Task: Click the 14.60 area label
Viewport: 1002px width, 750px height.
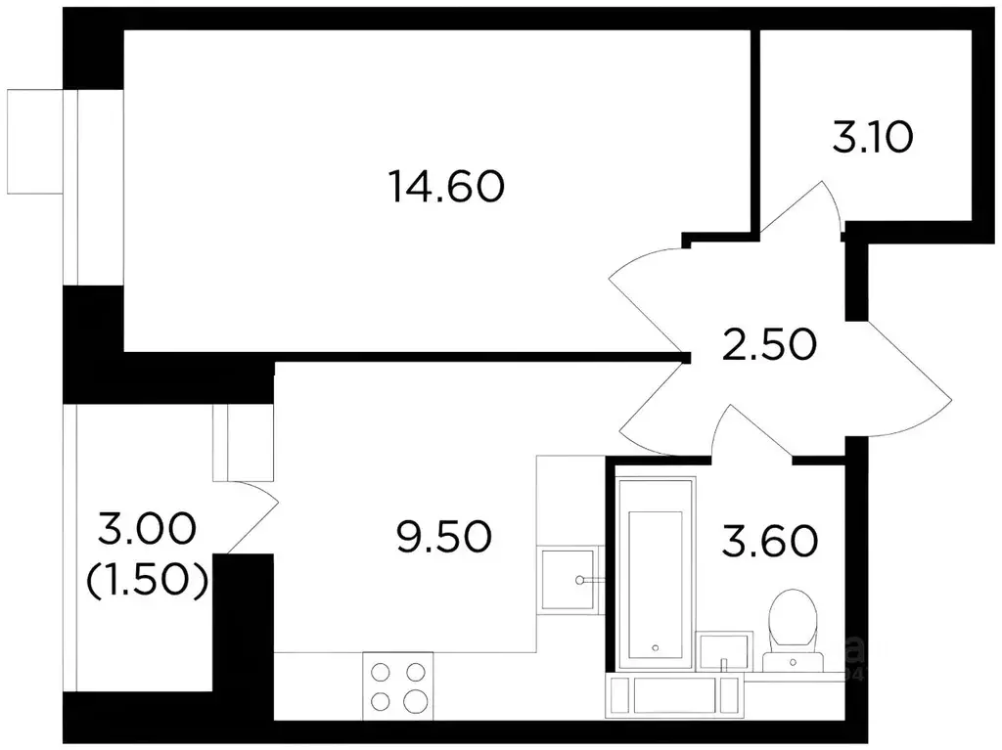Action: tap(445, 185)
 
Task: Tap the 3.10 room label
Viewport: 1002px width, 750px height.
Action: tap(873, 138)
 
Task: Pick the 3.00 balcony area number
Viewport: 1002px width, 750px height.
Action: tap(147, 534)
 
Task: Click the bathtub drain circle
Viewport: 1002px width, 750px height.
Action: tap(656, 647)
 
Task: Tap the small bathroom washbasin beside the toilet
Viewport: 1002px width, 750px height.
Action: tap(724, 651)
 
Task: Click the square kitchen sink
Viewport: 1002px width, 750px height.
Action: tap(566, 580)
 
